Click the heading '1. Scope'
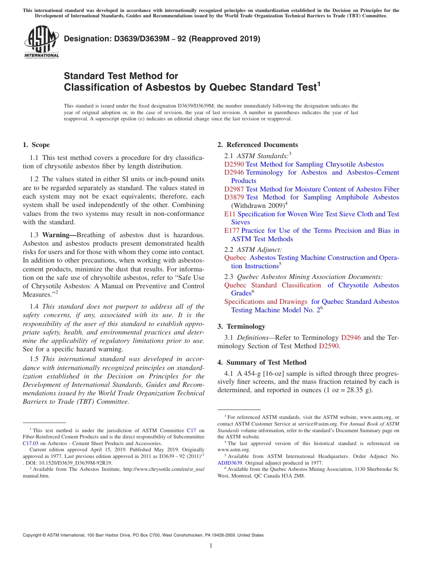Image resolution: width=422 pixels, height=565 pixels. (x=36, y=145)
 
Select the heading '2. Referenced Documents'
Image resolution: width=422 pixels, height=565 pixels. (x=258, y=145)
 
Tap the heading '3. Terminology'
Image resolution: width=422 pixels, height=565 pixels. (x=241, y=326)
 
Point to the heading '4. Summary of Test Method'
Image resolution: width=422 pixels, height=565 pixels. (x=262, y=362)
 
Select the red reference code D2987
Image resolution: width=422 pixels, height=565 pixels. (x=234, y=189)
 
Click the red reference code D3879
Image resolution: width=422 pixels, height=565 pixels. (x=234, y=197)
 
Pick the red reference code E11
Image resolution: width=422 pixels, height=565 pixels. (x=230, y=214)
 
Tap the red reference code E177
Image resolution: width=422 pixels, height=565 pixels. (x=232, y=231)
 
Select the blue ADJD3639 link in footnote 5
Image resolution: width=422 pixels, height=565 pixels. (x=230, y=463)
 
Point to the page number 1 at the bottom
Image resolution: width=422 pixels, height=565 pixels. (x=211, y=546)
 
